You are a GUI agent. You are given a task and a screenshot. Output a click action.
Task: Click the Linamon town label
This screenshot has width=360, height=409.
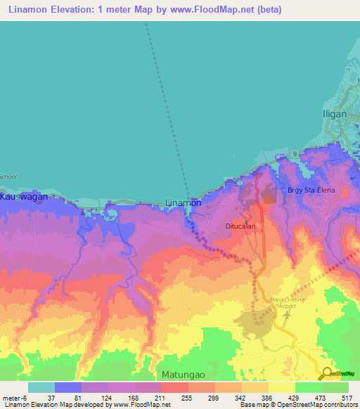pyautogui.click(x=183, y=202)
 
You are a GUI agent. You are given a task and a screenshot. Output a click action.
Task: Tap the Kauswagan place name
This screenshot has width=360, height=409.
pyautogui.click(x=24, y=197)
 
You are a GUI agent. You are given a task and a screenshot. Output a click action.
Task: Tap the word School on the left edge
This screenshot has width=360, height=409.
pyautogui.click(x=8, y=176)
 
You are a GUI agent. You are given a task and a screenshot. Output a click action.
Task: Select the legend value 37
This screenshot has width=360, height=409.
pyautogui.click(x=51, y=397)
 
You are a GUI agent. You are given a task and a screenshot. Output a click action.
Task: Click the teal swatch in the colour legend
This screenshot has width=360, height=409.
pyautogui.click(x=41, y=387)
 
